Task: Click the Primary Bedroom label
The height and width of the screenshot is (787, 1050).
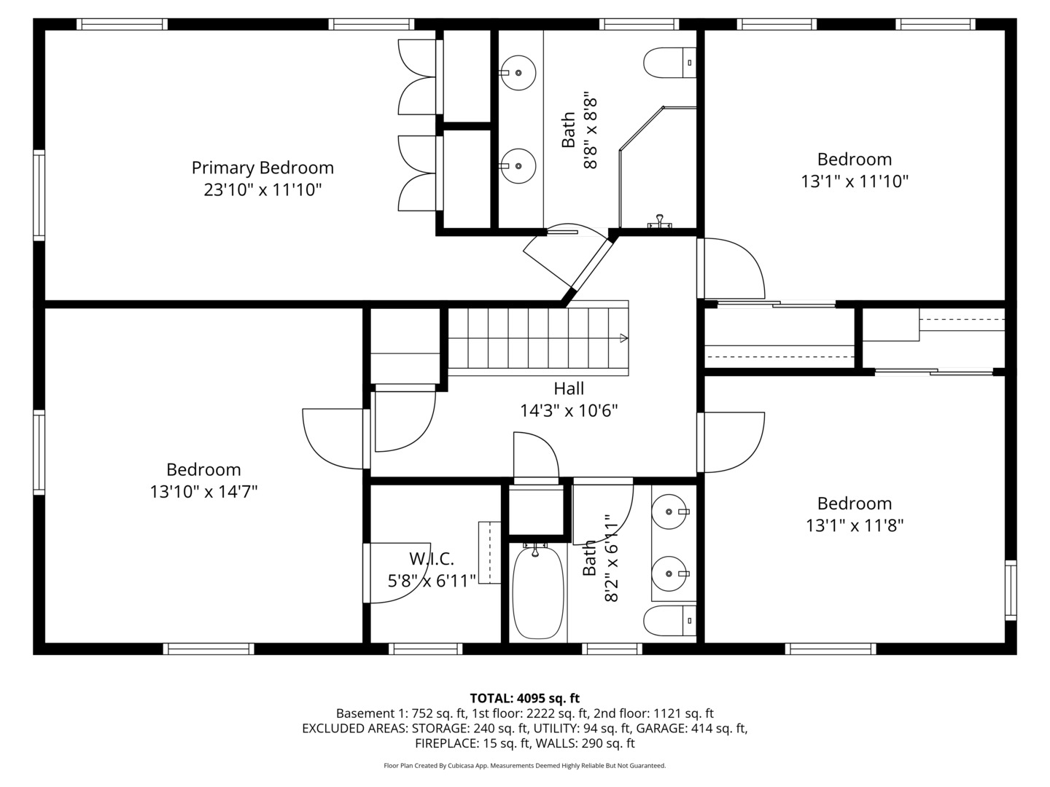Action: (262, 168)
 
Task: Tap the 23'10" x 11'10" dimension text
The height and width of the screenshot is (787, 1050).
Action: (262, 190)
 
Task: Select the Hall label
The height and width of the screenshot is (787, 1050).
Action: (568, 388)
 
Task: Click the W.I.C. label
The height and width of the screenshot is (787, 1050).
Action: (431, 559)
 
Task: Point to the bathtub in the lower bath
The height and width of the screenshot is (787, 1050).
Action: (537, 592)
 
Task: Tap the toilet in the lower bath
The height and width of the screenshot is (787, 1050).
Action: (668, 621)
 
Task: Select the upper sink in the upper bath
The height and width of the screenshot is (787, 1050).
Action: (518, 73)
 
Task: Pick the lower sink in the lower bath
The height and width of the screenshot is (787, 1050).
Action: (669, 574)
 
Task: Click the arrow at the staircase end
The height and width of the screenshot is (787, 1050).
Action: (623, 338)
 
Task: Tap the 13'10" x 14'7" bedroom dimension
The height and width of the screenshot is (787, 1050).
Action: (203, 492)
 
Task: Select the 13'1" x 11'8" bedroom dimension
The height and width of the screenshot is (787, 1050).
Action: (855, 525)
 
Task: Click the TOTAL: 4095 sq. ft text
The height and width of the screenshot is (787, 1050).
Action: (524, 698)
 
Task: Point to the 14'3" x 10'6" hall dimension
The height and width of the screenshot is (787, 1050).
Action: (568, 411)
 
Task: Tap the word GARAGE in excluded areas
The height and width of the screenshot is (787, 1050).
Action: (661, 728)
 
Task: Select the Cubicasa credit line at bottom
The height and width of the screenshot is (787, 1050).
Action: (524, 766)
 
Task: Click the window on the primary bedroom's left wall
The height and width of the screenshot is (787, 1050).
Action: (39, 195)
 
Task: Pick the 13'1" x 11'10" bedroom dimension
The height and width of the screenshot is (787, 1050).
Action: (855, 181)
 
